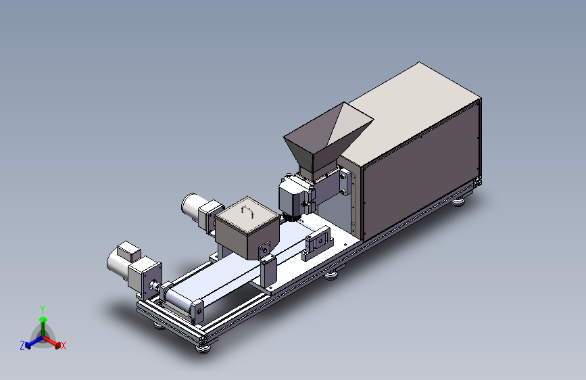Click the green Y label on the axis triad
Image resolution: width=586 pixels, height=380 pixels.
click(43, 310)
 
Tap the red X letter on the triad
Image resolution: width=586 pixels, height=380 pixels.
click(63, 346)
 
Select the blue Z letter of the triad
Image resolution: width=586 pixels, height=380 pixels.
click(22, 345)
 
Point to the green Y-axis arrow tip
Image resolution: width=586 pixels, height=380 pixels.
click(43, 319)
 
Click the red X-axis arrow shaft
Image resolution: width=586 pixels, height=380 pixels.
click(50, 340)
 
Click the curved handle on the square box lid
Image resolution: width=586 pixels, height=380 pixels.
click(247, 211)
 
